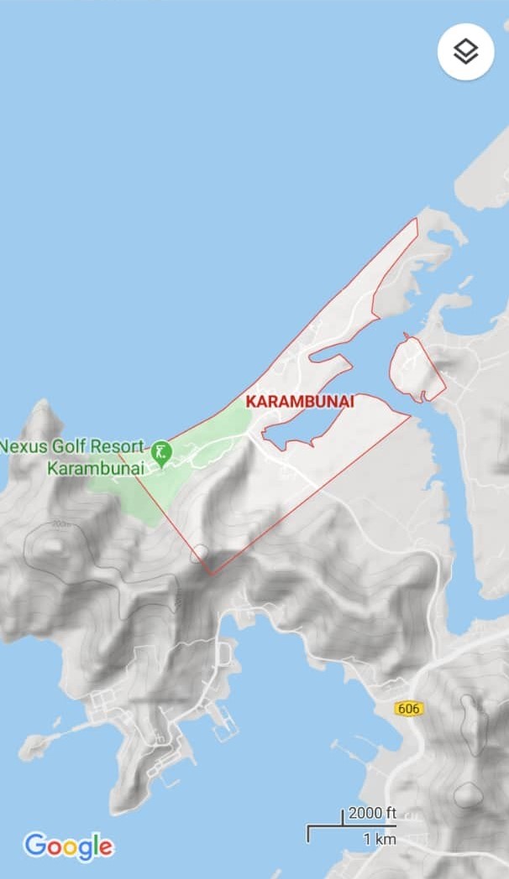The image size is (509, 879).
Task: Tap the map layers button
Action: [x=465, y=52]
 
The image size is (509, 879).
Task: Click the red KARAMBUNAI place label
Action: [x=300, y=402]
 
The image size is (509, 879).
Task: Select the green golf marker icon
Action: [x=161, y=454]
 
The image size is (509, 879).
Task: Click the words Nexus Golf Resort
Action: [x=72, y=446]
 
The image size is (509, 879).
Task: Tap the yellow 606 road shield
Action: [x=408, y=709]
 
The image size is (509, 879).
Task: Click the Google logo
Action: [x=68, y=846]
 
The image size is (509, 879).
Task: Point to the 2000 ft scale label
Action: [x=372, y=813]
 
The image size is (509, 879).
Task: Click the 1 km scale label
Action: [x=379, y=839]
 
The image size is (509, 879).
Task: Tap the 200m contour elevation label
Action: [x=60, y=523]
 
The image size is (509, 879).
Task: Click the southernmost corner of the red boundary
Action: [x=211, y=575]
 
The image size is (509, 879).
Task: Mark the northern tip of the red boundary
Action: [x=416, y=220]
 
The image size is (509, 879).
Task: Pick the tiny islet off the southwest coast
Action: [x=33, y=744]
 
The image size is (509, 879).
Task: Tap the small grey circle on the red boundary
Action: [x=200, y=554]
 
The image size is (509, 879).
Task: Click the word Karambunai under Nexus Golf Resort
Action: [x=95, y=468]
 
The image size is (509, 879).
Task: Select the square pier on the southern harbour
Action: [x=225, y=722]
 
